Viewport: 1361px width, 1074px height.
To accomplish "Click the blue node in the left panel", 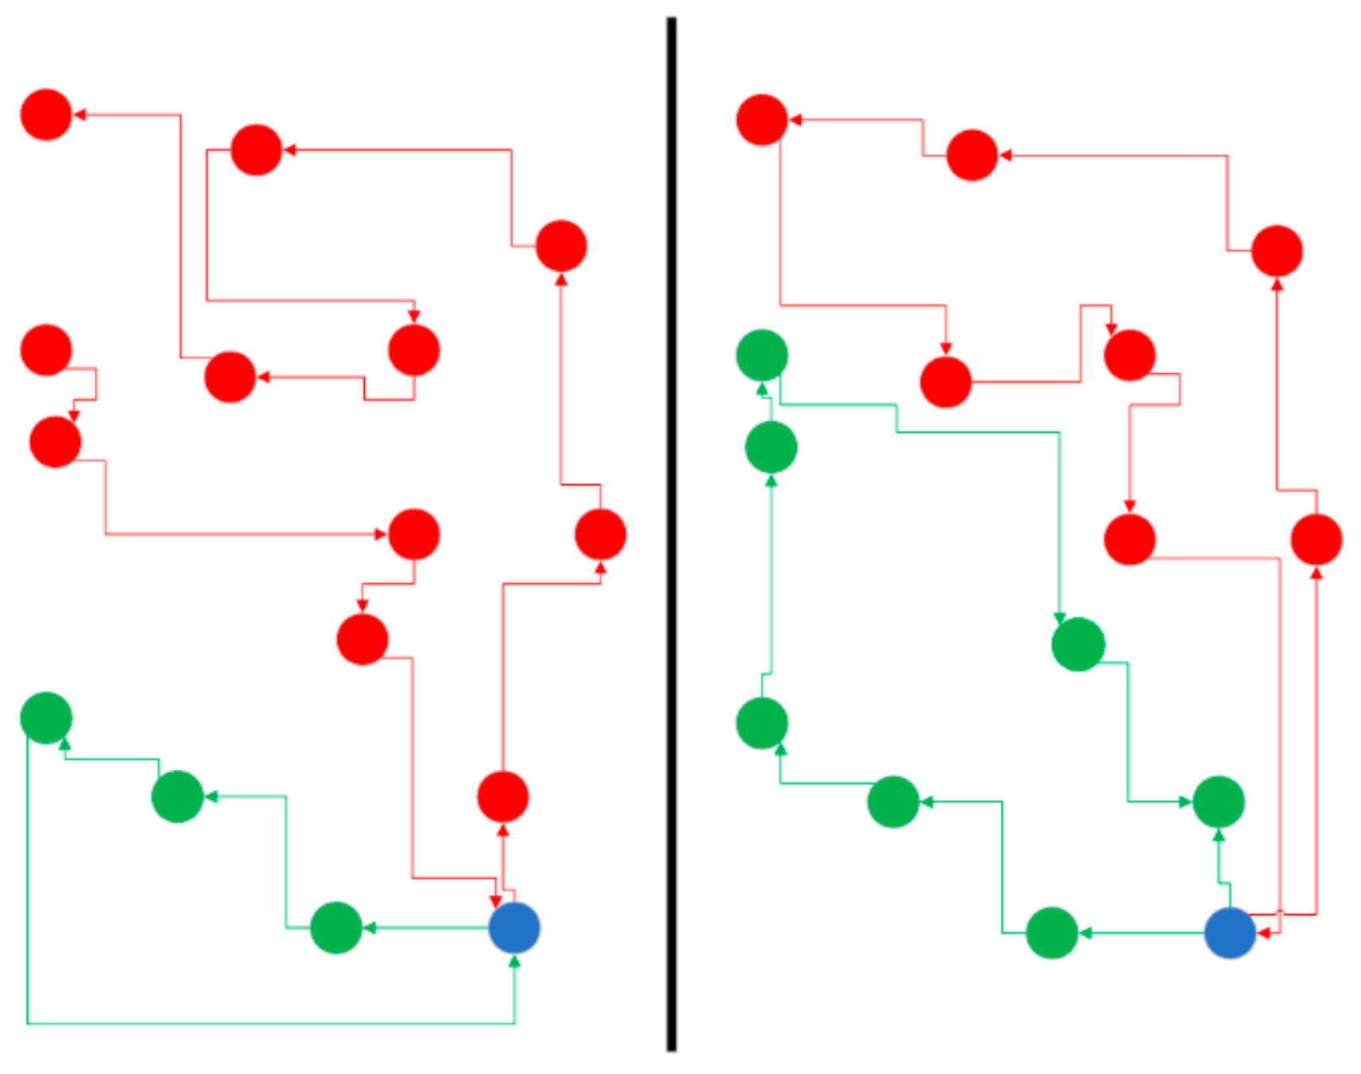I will pos(514,928).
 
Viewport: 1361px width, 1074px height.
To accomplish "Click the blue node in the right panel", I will pos(1230,933).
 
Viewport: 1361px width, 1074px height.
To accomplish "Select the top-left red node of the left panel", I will pos(46,114).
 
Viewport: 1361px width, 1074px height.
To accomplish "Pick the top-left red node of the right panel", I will pos(762,120).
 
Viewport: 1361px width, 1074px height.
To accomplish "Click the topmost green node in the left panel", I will pos(46,717).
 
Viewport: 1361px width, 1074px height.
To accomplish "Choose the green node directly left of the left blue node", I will pos(336,928).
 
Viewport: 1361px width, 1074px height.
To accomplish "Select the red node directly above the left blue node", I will pos(502,796).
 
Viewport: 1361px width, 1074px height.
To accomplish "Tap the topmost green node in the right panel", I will pos(762,355).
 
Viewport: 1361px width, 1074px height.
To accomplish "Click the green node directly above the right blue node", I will pos(1219,802).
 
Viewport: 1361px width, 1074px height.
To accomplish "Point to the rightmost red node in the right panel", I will pos(1316,540).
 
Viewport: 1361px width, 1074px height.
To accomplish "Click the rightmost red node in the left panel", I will pos(600,534).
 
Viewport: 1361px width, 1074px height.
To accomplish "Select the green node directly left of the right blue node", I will pos(1052,933).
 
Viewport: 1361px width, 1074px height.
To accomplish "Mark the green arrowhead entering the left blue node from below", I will pos(514,962).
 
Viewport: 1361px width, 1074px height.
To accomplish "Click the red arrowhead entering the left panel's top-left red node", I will pos(79,114).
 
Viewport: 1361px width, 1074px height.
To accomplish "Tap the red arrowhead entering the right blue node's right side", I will pos(1264,933).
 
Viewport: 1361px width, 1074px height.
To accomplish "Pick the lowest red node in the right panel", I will pos(1129,540).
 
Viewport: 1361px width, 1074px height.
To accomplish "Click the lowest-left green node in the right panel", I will pos(762,723).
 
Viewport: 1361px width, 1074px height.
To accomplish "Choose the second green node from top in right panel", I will pos(771,447).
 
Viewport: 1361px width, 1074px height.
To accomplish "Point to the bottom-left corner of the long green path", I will pos(28,1023).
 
